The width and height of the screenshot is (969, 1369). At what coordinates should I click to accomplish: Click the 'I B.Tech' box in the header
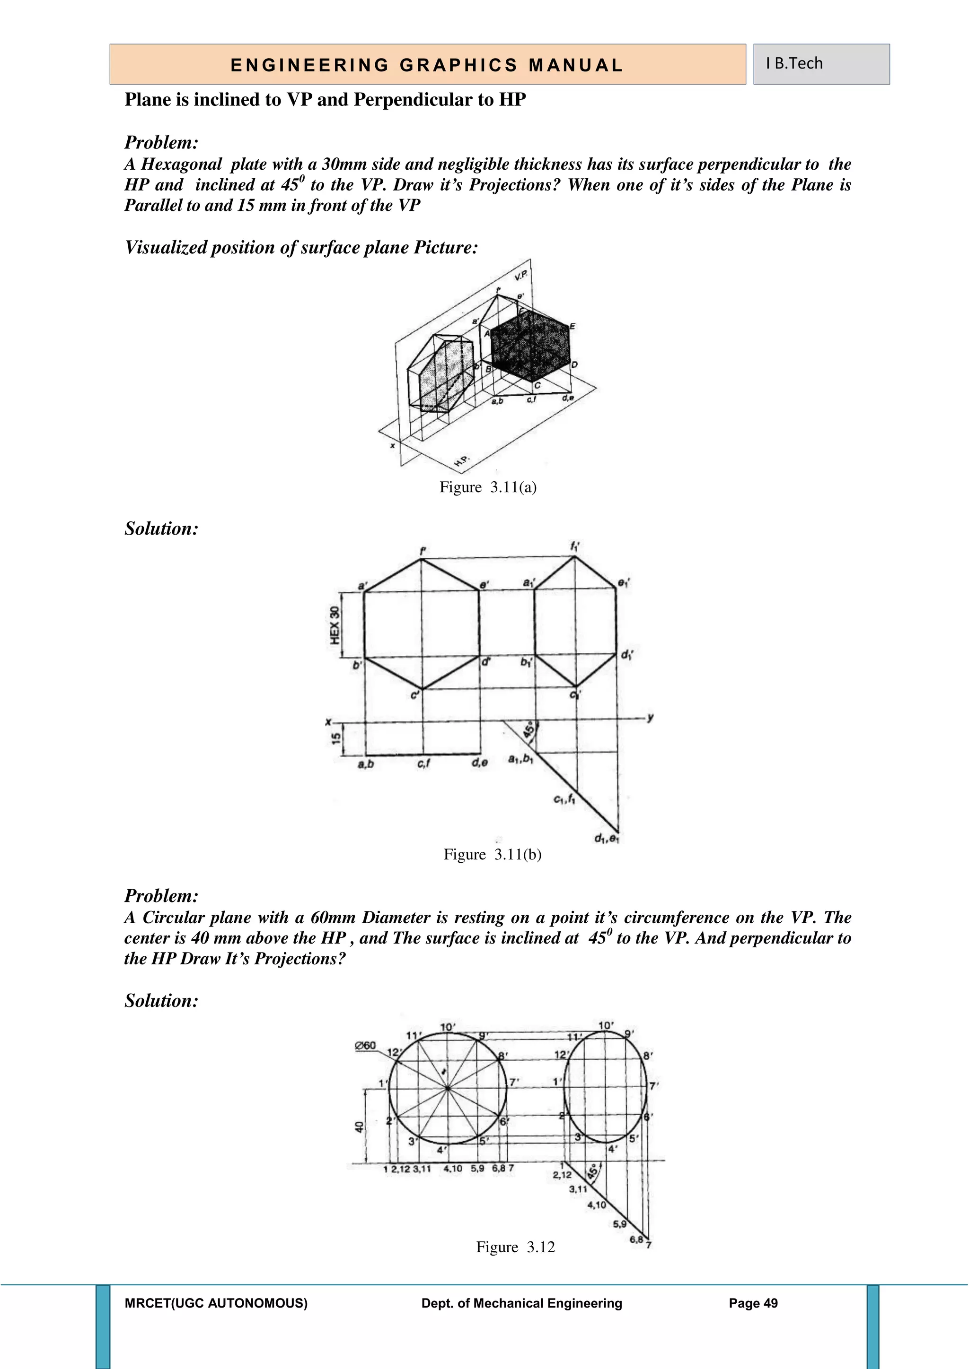click(820, 64)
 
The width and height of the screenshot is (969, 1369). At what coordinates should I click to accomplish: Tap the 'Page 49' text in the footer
click(753, 1303)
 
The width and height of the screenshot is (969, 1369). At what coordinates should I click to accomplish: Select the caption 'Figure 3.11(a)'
click(488, 487)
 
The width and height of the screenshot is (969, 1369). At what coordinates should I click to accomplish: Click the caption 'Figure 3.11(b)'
click(492, 854)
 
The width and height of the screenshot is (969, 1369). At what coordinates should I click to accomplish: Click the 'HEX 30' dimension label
click(335, 625)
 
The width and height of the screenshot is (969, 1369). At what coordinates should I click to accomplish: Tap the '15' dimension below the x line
click(336, 738)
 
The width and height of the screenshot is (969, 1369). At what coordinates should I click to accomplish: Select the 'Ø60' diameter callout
click(365, 1045)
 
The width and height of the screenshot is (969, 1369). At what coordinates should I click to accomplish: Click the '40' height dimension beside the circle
click(359, 1127)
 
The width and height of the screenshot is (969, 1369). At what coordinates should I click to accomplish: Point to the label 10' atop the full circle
click(448, 1027)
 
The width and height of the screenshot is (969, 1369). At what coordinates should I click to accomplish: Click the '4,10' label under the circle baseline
click(453, 1169)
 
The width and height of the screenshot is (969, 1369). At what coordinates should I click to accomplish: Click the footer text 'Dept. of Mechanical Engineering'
click(521, 1303)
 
